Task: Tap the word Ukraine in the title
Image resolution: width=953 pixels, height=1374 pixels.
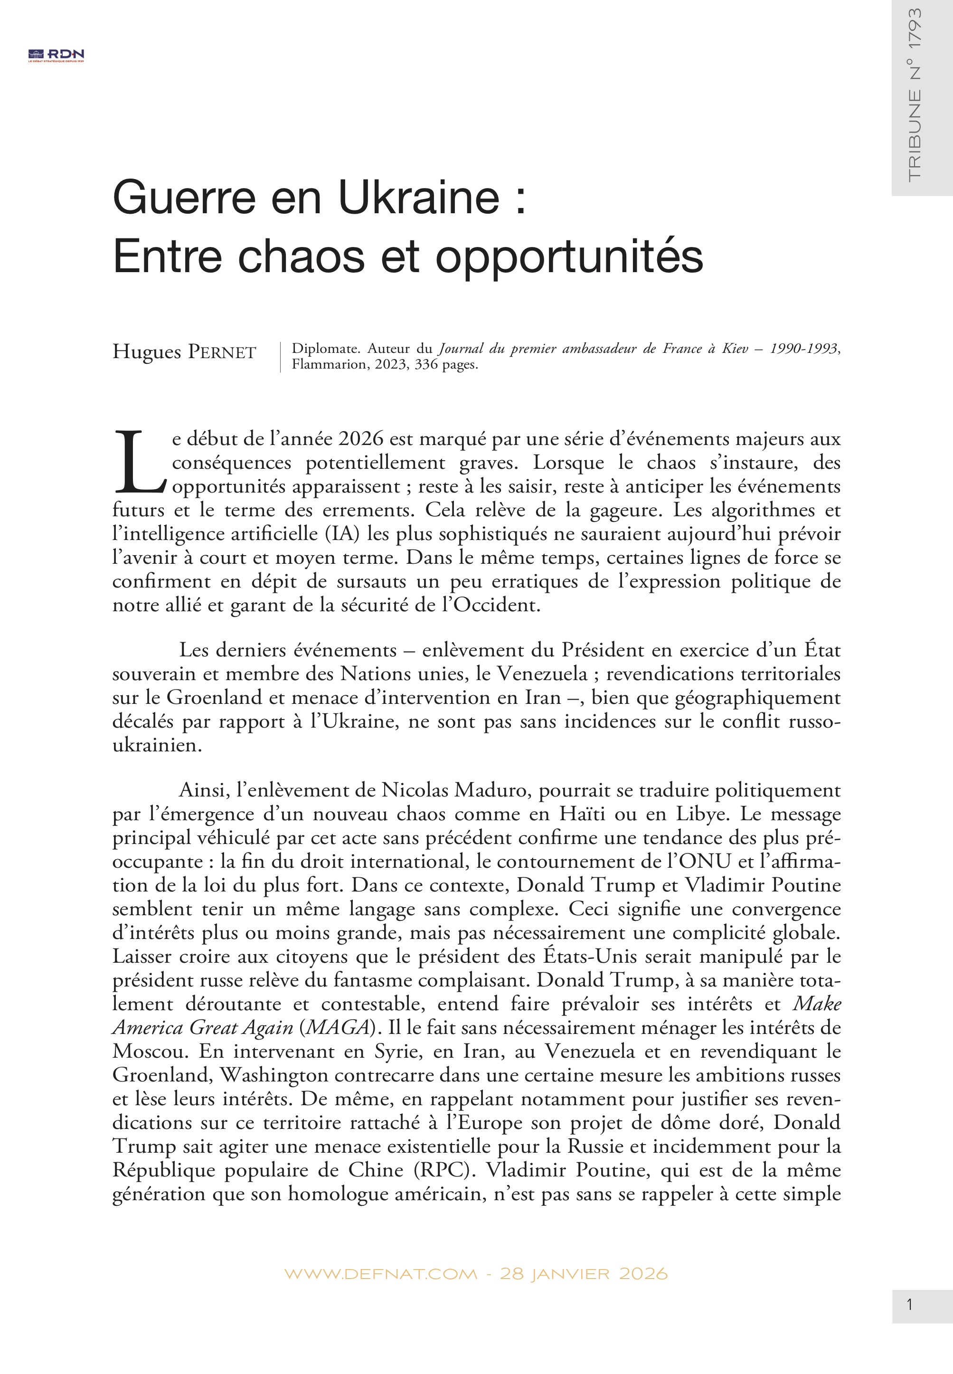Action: tap(419, 197)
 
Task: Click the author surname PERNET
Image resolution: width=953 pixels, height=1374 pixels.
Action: tap(222, 352)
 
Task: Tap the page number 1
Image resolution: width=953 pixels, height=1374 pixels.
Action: tap(909, 1304)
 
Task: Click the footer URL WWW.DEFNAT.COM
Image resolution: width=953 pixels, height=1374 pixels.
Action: tap(380, 1274)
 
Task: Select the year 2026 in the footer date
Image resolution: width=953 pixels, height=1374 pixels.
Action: tap(643, 1274)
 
